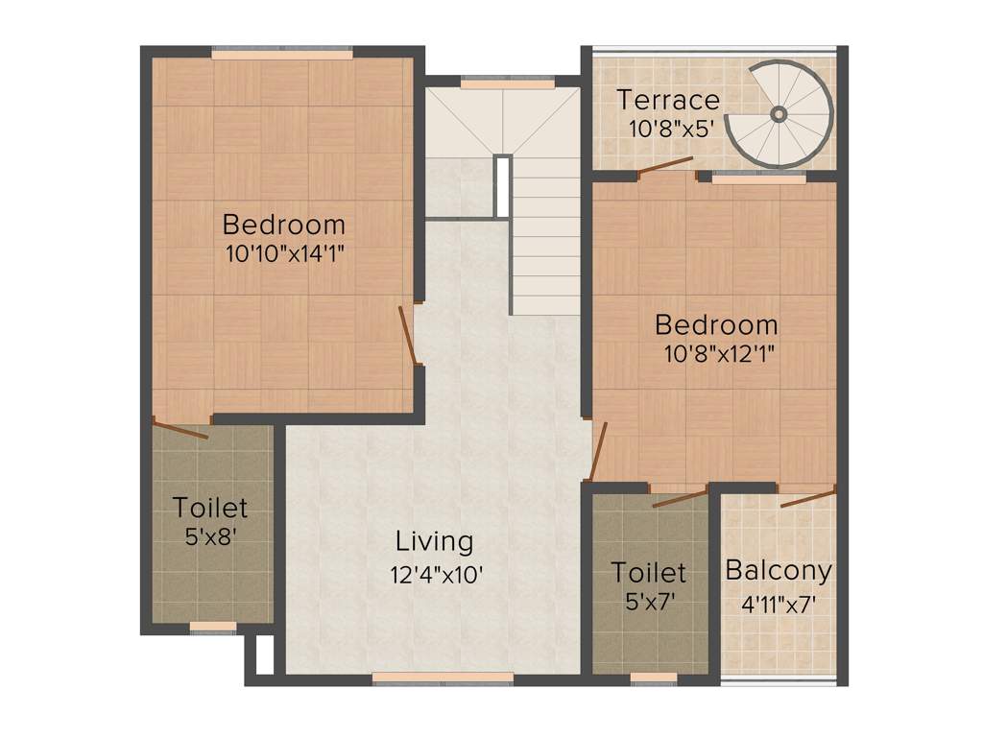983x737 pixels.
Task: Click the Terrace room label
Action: coord(668,100)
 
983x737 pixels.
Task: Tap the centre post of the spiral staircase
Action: coord(779,114)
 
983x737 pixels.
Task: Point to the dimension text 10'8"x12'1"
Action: coord(719,352)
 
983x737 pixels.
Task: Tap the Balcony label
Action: coord(778,571)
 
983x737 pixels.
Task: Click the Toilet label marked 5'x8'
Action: coord(210,507)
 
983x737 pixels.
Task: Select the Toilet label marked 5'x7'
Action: coord(650,573)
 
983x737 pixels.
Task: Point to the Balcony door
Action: coord(807,497)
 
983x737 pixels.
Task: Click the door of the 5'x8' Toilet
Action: coord(180,429)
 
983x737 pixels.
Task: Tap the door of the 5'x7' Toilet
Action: coord(679,497)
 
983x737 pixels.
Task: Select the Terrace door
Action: coord(665,167)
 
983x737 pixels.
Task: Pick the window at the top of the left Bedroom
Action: coord(282,54)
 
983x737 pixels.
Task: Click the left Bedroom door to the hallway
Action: coord(408,335)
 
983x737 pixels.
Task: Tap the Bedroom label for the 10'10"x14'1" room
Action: coord(283,225)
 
